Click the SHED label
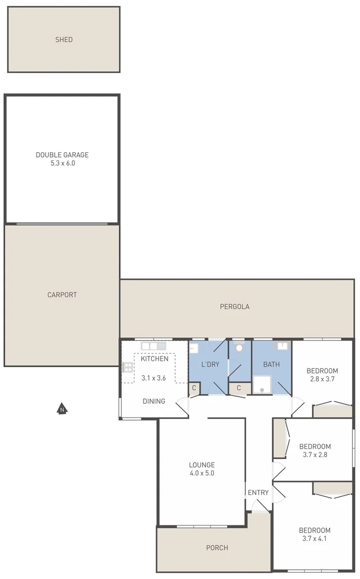click(x=64, y=40)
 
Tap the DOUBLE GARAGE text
click(x=62, y=155)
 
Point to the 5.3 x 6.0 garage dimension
click(x=62, y=164)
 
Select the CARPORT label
click(x=62, y=295)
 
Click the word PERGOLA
click(x=235, y=307)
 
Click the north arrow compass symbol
click(x=63, y=410)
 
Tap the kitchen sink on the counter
click(x=149, y=346)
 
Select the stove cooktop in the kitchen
click(x=127, y=367)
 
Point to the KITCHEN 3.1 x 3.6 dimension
click(x=154, y=378)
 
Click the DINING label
click(x=154, y=401)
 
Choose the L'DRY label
click(x=210, y=365)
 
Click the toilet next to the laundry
click(x=239, y=347)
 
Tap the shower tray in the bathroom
click(x=262, y=383)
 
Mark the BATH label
click(x=271, y=365)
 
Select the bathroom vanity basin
click(x=282, y=346)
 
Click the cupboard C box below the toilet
click(x=239, y=388)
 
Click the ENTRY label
click(x=258, y=493)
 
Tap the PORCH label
click(x=217, y=548)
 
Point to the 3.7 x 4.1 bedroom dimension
click(x=314, y=539)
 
